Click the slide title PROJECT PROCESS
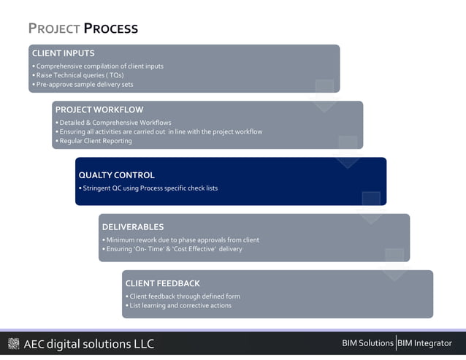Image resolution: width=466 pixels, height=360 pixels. click(x=83, y=29)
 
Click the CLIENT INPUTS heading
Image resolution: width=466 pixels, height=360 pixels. click(x=63, y=53)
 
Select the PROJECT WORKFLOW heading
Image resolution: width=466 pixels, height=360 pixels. click(x=99, y=110)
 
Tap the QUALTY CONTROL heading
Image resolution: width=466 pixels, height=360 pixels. click(x=116, y=175)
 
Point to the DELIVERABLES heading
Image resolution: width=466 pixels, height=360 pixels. click(x=132, y=227)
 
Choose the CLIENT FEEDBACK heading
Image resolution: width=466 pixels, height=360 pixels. click(x=162, y=283)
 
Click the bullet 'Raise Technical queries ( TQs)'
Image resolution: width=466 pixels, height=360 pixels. click(x=78, y=75)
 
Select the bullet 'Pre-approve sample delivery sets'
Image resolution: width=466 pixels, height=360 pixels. click(x=83, y=85)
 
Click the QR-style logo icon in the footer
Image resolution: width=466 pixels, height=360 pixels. click(x=13, y=344)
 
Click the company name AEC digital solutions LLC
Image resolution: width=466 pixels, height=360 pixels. click(x=88, y=344)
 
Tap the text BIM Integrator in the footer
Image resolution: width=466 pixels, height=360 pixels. click(x=424, y=343)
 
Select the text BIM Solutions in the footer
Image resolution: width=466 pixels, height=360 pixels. click(x=367, y=343)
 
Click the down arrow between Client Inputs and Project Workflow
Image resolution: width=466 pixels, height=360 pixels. click(x=324, y=96)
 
